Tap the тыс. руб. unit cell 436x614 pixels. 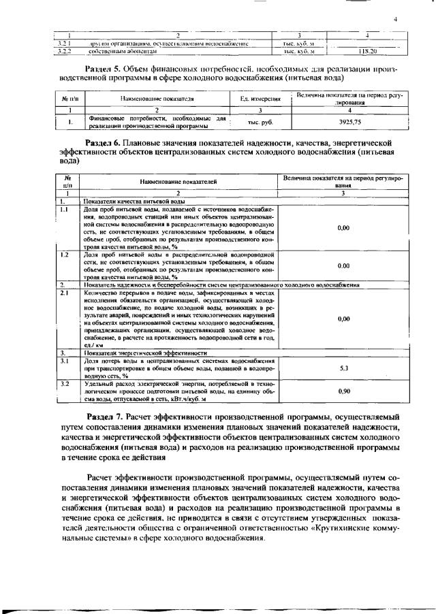(260, 123)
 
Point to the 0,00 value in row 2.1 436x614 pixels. (343, 319)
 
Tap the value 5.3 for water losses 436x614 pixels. (343, 368)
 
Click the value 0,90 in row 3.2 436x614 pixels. (343, 391)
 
